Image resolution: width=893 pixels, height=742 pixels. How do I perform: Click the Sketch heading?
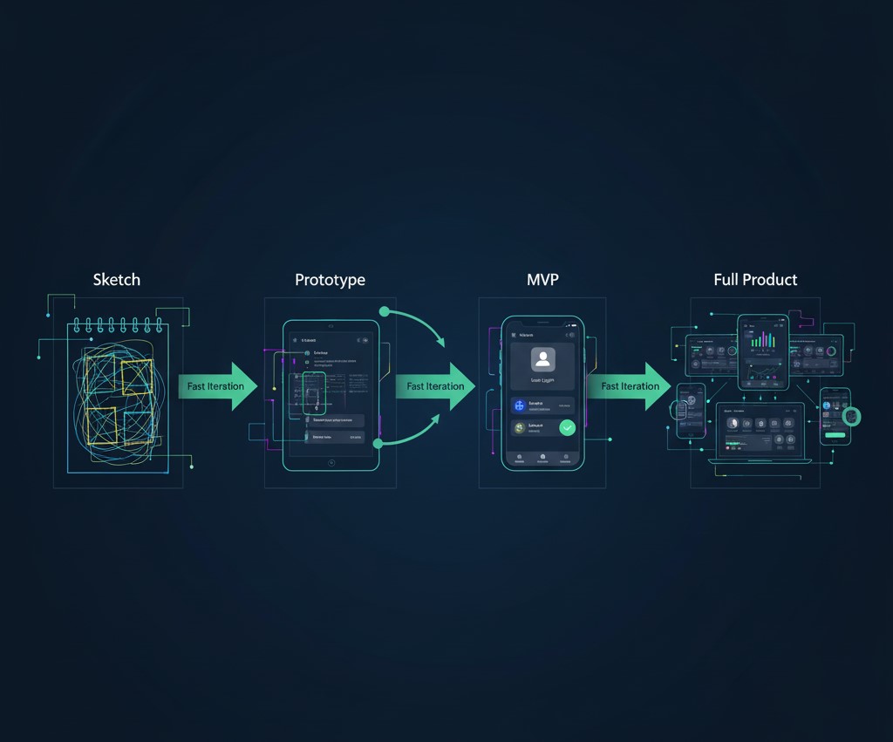[x=116, y=280]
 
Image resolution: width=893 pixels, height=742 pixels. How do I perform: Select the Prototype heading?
[x=330, y=280]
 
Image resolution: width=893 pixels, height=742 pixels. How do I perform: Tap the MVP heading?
[x=542, y=280]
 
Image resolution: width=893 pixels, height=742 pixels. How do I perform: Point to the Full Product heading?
[x=755, y=280]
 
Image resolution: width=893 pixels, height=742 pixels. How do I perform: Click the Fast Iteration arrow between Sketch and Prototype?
[x=218, y=386]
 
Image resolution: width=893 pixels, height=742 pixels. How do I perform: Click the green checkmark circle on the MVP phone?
[x=568, y=427]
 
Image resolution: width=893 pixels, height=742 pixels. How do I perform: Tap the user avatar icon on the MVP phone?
[x=542, y=359]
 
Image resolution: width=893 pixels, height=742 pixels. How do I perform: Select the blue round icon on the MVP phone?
[x=521, y=405]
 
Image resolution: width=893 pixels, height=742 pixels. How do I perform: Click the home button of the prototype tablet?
[x=331, y=462]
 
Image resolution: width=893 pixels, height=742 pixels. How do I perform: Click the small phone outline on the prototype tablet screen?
[x=314, y=392]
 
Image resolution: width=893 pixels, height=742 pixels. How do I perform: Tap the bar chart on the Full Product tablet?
[x=763, y=340]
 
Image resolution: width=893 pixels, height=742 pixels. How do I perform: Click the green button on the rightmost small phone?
[x=835, y=435]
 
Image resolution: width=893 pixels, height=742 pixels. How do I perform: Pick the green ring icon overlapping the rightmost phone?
[x=851, y=417]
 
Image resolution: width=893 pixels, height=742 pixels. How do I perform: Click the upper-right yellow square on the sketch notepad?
[x=137, y=377]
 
